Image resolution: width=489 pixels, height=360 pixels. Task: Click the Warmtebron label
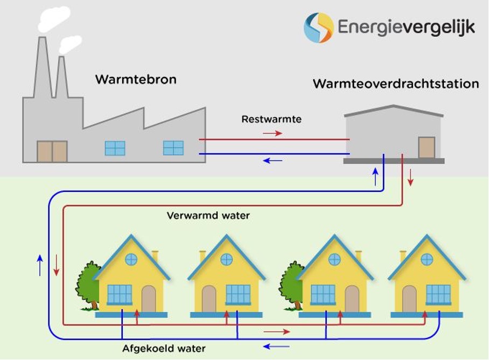pyautogui.click(x=136, y=80)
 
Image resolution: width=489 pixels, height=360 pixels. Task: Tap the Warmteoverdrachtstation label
pyautogui.click(x=396, y=84)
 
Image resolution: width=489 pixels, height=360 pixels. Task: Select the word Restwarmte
pyautogui.click(x=271, y=120)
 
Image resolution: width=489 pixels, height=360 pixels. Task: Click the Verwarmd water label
pyautogui.click(x=208, y=216)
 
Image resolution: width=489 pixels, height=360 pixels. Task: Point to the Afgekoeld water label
pyautogui.click(x=164, y=349)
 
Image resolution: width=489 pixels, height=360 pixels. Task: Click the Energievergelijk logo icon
pyautogui.click(x=318, y=27)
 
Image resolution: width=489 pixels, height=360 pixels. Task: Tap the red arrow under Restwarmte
pyautogui.click(x=272, y=133)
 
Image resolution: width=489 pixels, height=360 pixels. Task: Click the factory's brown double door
pyautogui.click(x=52, y=151)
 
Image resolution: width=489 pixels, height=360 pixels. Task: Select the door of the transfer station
pyautogui.click(x=427, y=147)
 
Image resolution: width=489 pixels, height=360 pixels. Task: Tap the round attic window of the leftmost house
pyautogui.click(x=131, y=259)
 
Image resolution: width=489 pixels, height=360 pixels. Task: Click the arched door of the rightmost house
pyautogui.click(x=409, y=299)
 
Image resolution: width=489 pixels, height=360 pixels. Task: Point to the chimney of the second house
pyautogui.click(x=203, y=255)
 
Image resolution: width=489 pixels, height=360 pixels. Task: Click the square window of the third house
pyautogui.click(x=323, y=294)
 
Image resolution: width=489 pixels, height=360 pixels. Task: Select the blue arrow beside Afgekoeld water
pyautogui.click(x=276, y=346)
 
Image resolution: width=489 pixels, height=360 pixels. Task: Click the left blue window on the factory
pyautogui.click(x=115, y=148)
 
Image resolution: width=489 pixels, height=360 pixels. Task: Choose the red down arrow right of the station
pyautogui.click(x=410, y=178)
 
